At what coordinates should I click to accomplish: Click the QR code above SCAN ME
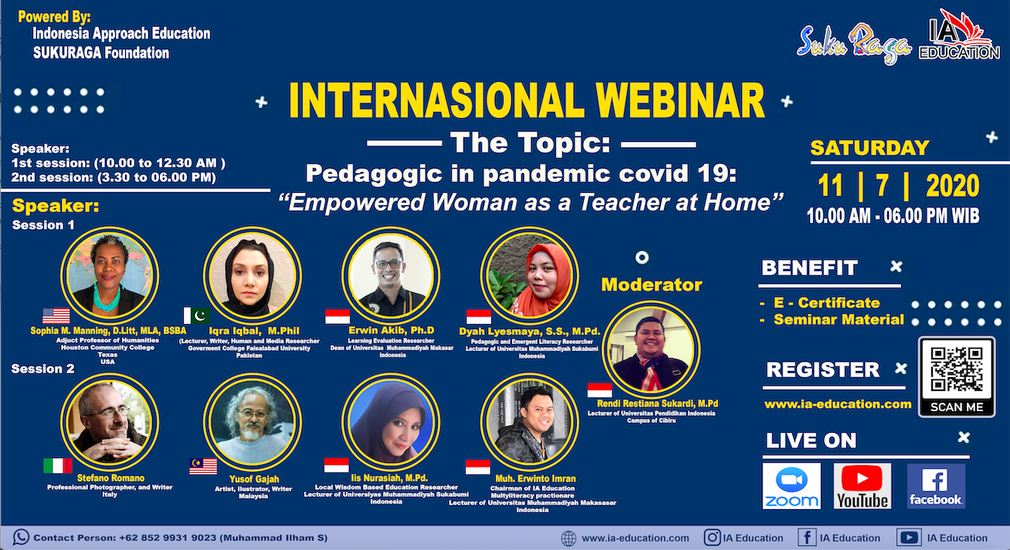[x=957, y=369]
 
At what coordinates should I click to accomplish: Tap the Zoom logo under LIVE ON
[x=791, y=486]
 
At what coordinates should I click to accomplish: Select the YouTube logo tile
[x=862, y=486]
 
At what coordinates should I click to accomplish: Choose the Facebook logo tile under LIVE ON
[x=936, y=486]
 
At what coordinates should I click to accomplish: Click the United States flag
[x=56, y=316]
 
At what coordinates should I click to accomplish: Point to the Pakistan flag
[x=197, y=315]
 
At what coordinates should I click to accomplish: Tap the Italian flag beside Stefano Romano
[x=58, y=466]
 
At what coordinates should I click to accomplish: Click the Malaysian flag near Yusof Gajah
[x=203, y=467]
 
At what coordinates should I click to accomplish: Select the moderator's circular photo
[x=651, y=349]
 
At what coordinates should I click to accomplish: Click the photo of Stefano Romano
[x=110, y=422]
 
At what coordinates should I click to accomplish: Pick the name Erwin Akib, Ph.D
[x=391, y=331]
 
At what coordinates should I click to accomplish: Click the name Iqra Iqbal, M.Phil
[x=254, y=331]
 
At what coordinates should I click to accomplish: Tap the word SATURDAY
[x=869, y=148]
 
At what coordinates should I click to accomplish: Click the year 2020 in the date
[x=952, y=186]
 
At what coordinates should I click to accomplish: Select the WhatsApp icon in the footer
[x=21, y=538]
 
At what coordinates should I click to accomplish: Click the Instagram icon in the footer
[x=712, y=538]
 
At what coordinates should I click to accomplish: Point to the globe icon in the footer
[x=568, y=538]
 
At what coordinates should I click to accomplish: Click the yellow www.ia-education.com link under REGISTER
[x=838, y=404]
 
